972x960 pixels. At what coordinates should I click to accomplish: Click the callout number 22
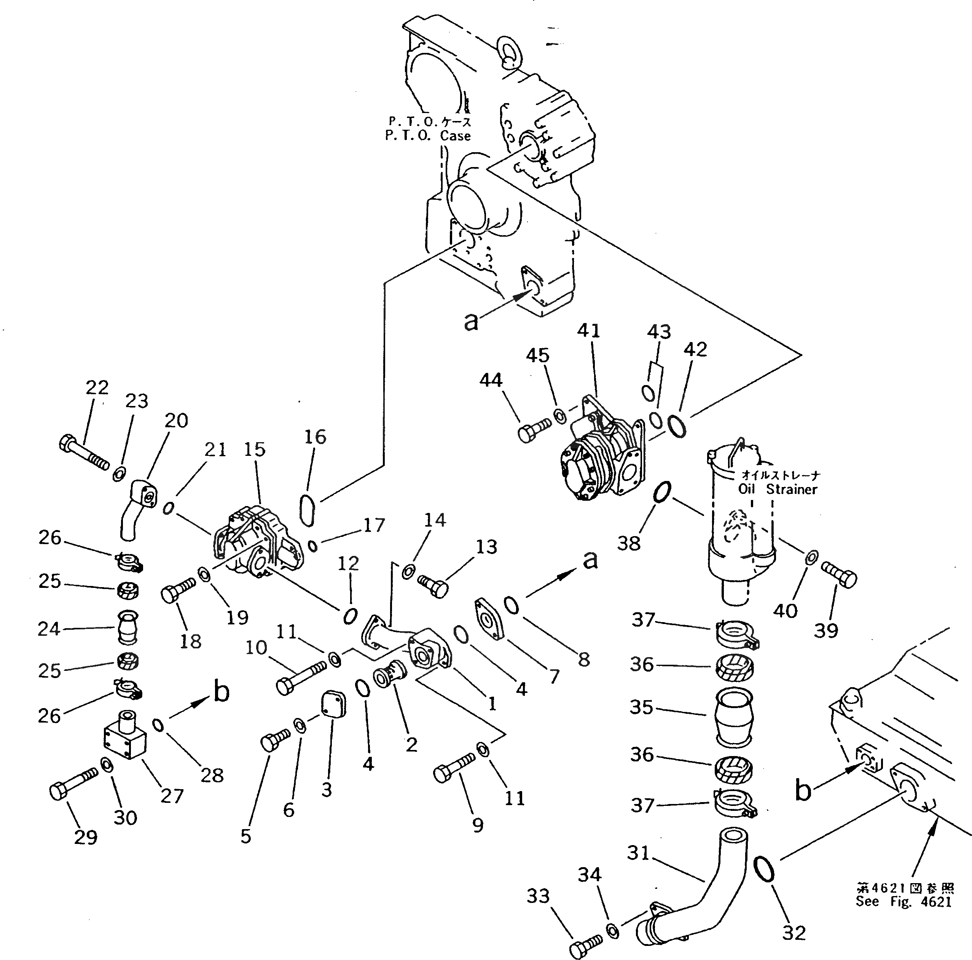(x=97, y=387)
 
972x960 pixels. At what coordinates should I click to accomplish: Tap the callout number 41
(x=589, y=330)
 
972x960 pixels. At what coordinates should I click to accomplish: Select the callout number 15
(x=255, y=449)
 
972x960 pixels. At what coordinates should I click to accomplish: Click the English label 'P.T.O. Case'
(x=428, y=136)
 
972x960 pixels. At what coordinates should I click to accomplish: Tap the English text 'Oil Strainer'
(x=777, y=489)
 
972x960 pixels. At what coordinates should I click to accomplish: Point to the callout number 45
(x=537, y=355)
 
